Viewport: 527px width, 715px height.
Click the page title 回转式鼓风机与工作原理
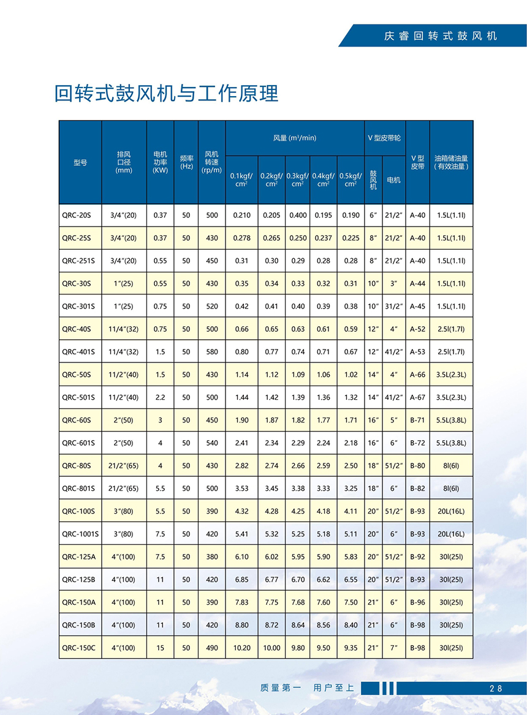click(x=167, y=93)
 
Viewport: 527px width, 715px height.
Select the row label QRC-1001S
click(x=78, y=534)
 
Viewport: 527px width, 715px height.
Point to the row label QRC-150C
click(x=79, y=648)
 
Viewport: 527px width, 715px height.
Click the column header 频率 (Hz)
click(x=186, y=162)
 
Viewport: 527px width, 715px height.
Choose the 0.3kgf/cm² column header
click(x=297, y=179)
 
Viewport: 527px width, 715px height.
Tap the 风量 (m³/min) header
click(x=295, y=138)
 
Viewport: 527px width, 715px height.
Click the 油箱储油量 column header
click(x=451, y=162)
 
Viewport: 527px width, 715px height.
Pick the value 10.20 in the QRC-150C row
click(x=242, y=648)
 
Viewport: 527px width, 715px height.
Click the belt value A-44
click(x=417, y=283)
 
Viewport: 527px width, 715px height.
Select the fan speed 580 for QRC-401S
click(x=212, y=351)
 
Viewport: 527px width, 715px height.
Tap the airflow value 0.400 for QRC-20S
click(x=298, y=215)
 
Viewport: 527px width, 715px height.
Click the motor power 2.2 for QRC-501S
click(x=160, y=397)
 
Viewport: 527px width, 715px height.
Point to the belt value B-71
click(x=417, y=420)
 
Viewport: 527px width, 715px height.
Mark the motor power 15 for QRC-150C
click(x=160, y=648)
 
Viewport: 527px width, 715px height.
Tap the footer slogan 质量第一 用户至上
click(x=307, y=687)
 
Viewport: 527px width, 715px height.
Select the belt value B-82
click(x=417, y=488)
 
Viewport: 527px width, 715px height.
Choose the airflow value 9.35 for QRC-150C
click(x=351, y=648)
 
